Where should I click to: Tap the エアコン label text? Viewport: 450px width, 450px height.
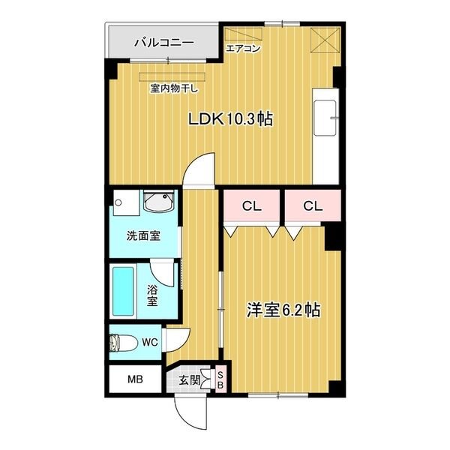(243, 50)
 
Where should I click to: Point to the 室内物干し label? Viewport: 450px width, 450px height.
(174, 88)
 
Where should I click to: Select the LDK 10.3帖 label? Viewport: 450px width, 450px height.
(229, 118)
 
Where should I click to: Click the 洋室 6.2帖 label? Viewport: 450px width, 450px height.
(284, 310)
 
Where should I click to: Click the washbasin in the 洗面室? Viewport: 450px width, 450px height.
(160, 202)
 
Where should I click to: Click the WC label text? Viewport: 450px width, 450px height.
(148, 343)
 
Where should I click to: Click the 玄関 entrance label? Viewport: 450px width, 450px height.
(189, 380)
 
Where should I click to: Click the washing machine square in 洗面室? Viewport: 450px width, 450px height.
(121, 202)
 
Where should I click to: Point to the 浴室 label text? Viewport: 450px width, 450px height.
(151, 295)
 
